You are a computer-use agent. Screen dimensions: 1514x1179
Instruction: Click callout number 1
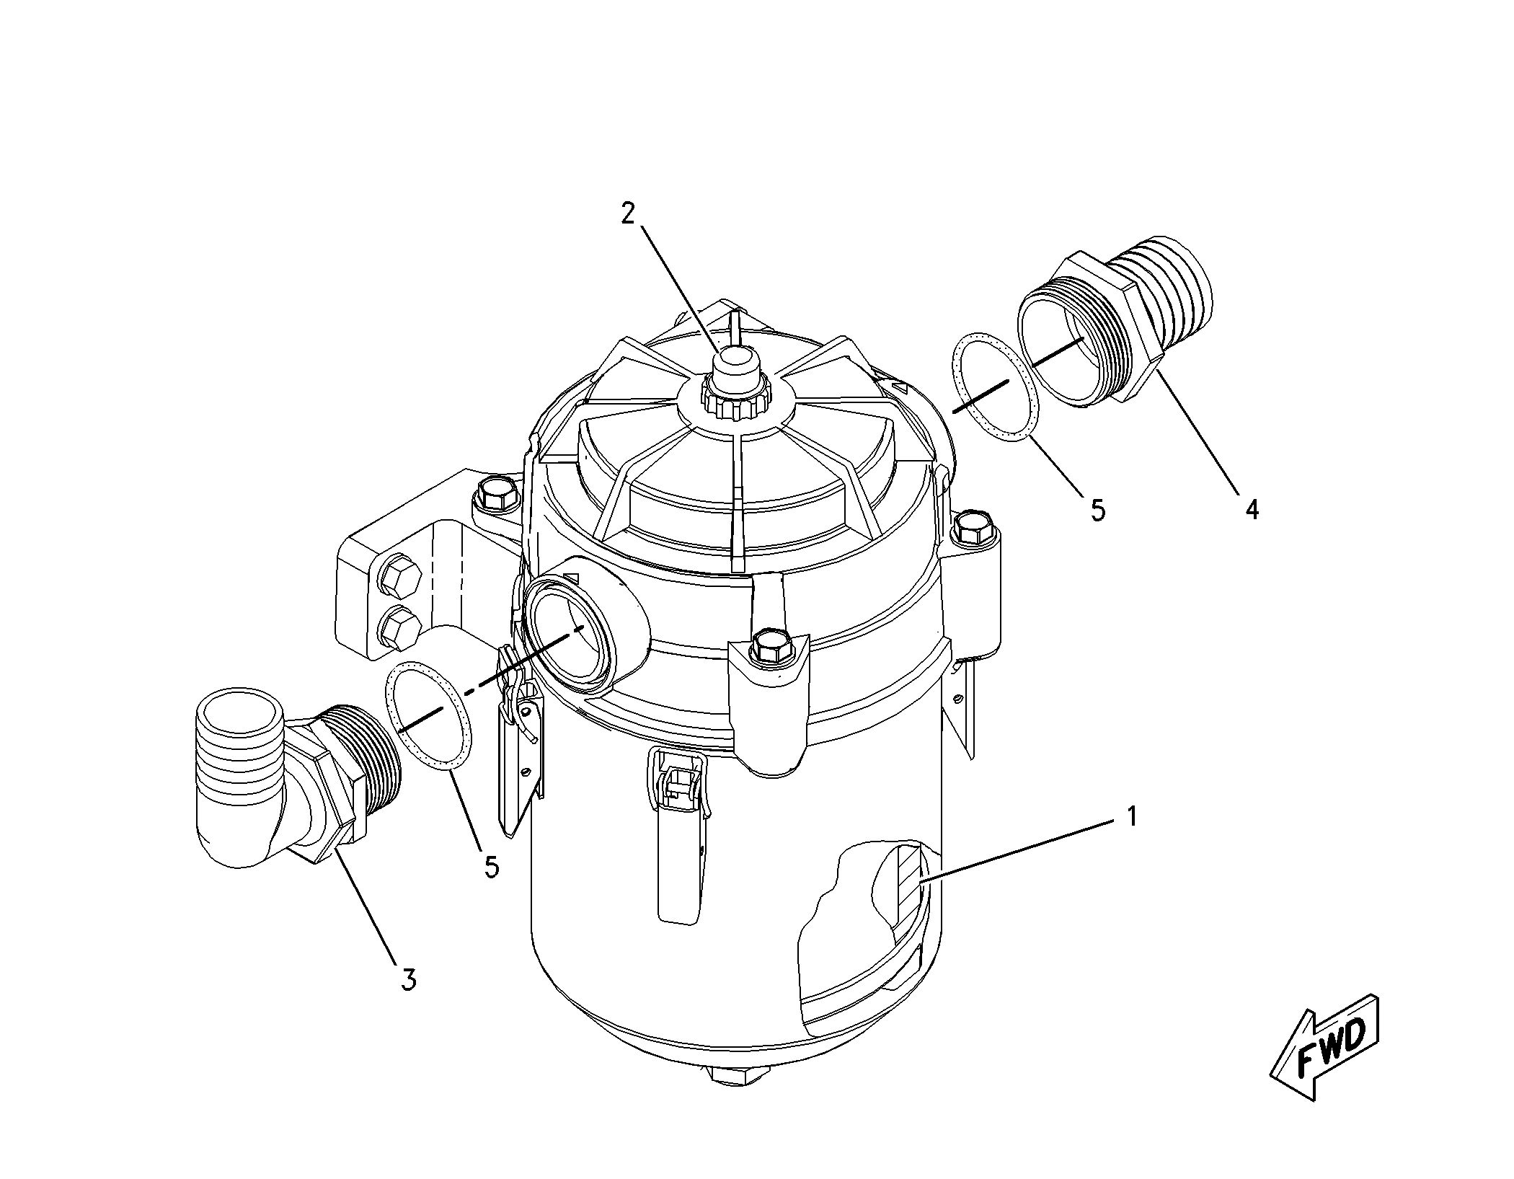(1132, 816)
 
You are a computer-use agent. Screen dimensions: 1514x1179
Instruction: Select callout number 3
(408, 979)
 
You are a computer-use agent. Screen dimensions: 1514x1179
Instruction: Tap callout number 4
(1252, 509)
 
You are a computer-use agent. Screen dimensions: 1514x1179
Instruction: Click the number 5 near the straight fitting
(1097, 510)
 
